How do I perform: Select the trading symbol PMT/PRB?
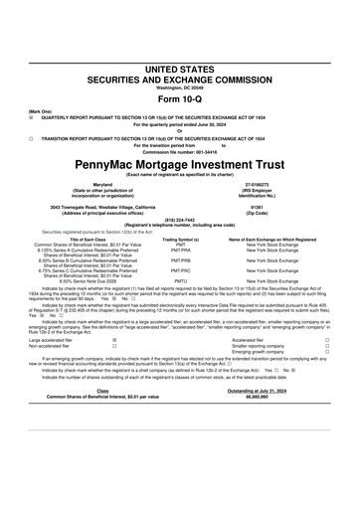[181, 261]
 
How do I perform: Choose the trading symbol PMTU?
[181, 281]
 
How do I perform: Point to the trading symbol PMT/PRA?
[181, 250]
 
